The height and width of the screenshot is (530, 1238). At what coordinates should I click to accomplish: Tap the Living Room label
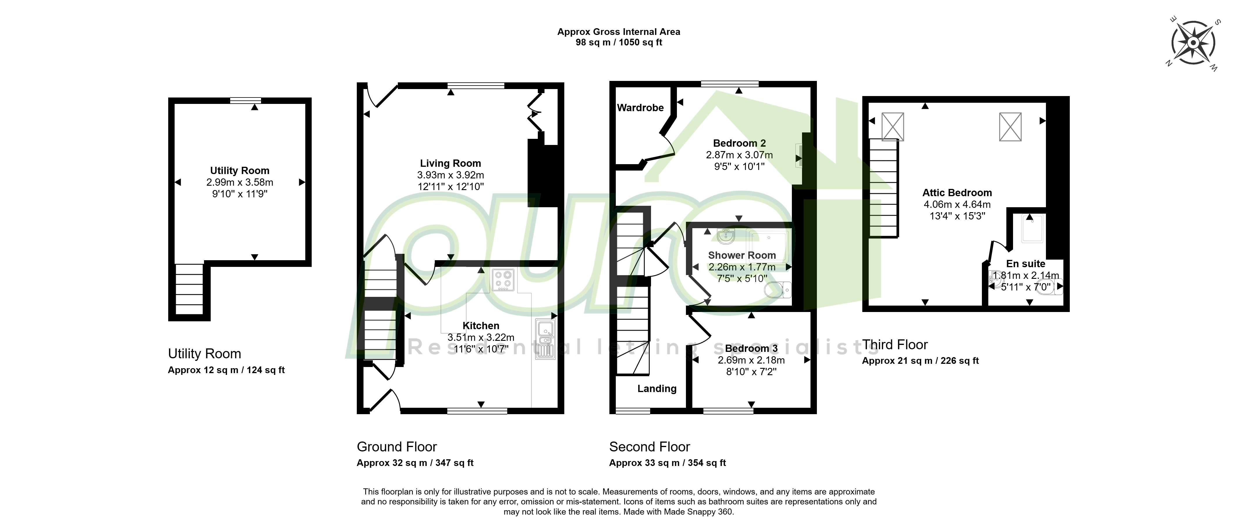[450, 163]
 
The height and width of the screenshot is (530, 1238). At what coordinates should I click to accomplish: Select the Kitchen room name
[480, 326]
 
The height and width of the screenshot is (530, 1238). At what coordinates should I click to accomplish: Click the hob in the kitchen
[503, 280]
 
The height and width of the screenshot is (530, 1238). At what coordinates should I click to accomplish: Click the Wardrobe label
[640, 108]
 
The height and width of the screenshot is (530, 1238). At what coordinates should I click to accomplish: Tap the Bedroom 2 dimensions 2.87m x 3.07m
[739, 155]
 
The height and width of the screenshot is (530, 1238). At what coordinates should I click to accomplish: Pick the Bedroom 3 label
[751, 348]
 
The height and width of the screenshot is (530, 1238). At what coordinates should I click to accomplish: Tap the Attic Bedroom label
[957, 193]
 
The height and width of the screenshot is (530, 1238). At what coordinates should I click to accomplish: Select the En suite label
[1026, 264]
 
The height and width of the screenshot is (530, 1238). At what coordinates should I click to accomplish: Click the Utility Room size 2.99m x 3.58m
[240, 182]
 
